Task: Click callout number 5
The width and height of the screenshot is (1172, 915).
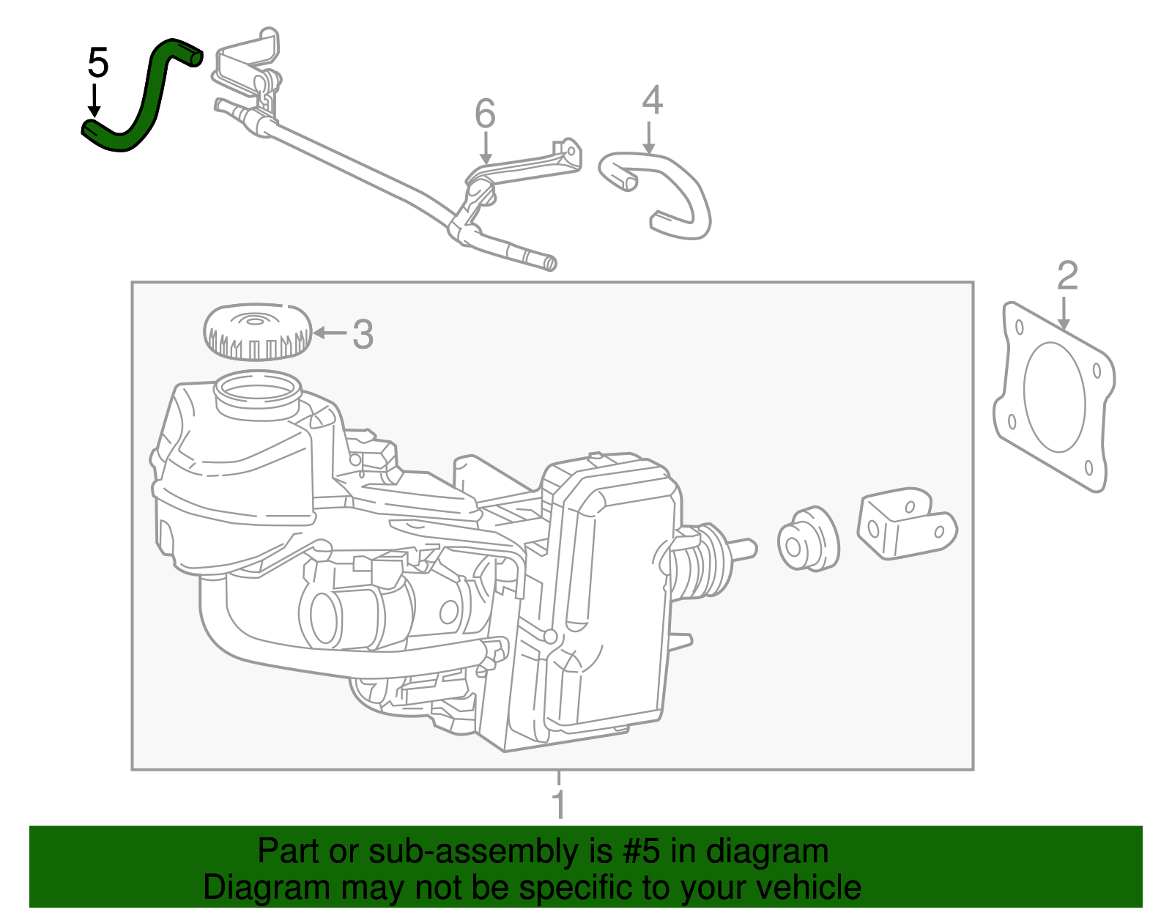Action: [x=97, y=63]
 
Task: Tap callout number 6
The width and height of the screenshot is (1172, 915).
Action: [x=485, y=114]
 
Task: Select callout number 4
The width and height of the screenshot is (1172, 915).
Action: [x=651, y=101]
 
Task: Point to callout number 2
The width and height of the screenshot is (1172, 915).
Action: [x=1067, y=276]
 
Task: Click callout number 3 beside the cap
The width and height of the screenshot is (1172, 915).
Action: [x=363, y=335]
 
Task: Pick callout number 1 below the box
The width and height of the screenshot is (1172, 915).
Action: [x=558, y=804]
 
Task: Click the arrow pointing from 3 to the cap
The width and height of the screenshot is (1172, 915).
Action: [x=330, y=333]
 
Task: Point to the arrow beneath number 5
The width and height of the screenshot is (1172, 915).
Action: [x=94, y=100]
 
